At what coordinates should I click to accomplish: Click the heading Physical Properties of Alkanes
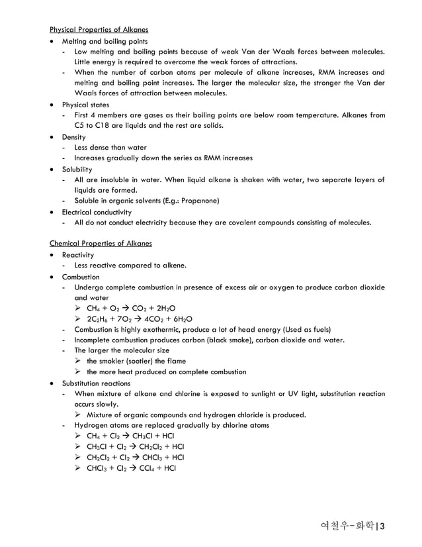pyautogui.click(x=99, y=30)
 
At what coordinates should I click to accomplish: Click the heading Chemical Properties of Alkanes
pyautogui.click(x=101, y=244)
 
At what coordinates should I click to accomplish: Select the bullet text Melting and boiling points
pyautogui.click(x=105, y=41)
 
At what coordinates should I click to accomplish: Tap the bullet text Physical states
pyautogui.click(x=86, y=105)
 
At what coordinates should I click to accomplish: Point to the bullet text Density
pyautogui.click(x=75, y=136)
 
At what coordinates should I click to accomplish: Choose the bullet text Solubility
pyautogui.click(x=78, y=169)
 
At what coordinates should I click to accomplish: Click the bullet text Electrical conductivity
pyautogui.click(x=97, y=212)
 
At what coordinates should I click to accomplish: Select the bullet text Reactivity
pyautogui.click(x=78, y=255)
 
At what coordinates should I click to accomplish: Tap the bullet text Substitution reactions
pyautogui.click(x=96, y=383)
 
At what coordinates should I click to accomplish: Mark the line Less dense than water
pyautogui.click(x=110, y=148)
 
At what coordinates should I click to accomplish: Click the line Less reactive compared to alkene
pyautogui.click(x=130, y=266)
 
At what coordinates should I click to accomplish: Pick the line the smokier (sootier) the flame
pyautogui.click(x=136, y=362)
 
